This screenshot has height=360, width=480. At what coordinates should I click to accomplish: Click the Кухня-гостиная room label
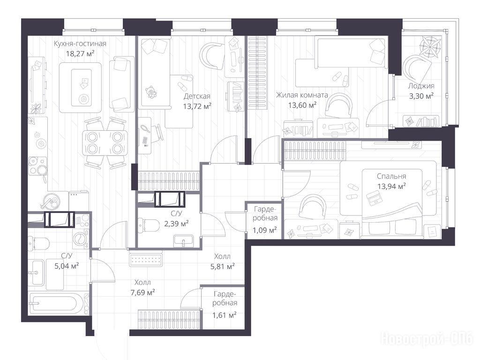coord(80,44)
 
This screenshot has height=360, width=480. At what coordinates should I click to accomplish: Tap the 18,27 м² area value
coord(80,54)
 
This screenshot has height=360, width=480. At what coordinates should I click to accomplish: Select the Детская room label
coord(197,97)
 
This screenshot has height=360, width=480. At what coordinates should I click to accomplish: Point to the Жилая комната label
coord(302,95)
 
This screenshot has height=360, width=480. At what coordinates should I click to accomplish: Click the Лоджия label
coord(421,86)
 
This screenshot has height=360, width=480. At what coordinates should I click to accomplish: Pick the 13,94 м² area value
coord(391,186)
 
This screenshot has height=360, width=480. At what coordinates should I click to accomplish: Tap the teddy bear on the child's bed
coord(150,92)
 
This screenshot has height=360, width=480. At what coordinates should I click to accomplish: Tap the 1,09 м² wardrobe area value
coord(264,230)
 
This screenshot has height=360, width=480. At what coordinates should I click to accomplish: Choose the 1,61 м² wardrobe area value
coord(225,315)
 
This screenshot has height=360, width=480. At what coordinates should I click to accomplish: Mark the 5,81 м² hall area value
coord(223,267)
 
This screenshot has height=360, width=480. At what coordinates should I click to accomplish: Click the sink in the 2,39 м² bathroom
coord(183,240)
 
